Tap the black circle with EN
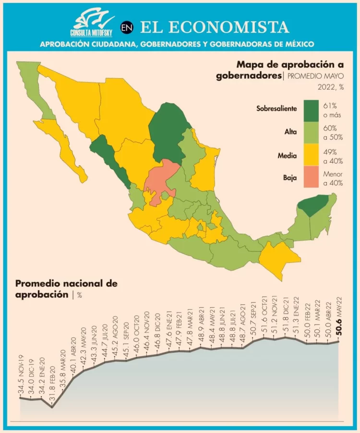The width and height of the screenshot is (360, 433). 127,28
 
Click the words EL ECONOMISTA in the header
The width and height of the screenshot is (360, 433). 215,27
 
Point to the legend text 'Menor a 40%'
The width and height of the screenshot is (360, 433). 334,178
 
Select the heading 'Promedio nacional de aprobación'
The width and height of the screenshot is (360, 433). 66,289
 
